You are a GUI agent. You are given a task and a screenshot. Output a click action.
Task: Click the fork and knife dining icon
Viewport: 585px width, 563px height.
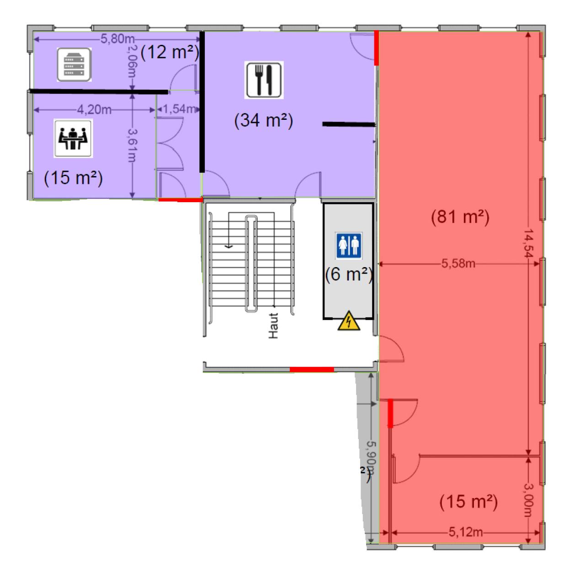264,80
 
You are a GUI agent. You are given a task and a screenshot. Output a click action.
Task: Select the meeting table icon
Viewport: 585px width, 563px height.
73,138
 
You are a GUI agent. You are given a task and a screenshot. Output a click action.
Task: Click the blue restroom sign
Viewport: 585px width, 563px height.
349,245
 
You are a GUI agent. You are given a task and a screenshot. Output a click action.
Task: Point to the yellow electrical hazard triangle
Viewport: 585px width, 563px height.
349,321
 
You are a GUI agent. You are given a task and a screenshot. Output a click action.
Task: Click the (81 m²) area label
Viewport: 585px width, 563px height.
460,217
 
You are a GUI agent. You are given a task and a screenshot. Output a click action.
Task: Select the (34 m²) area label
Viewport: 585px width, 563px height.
263,121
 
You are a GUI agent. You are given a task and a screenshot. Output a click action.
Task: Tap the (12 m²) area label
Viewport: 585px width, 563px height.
170,53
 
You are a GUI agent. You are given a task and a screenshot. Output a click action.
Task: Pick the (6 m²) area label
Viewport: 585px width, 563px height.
349,274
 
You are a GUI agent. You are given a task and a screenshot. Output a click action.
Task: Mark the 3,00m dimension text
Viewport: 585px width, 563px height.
529,499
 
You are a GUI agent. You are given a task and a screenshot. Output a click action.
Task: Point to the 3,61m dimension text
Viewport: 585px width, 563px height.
133,145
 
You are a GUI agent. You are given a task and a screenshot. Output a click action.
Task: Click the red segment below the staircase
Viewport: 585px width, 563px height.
312,369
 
